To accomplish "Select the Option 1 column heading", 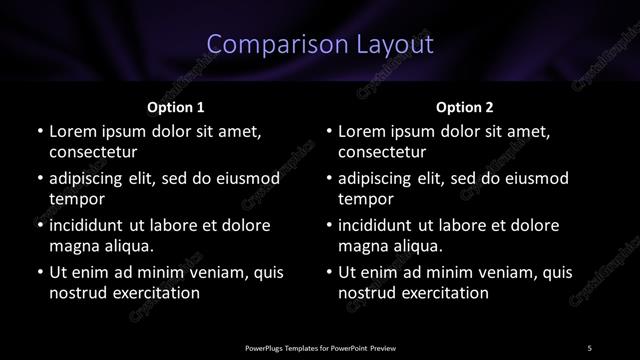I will (x=176, y=106).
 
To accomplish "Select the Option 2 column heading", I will (x=465, y=106).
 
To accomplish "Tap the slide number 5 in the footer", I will (x=589, y=347).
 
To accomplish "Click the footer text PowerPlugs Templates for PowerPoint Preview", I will (x=320, y=347).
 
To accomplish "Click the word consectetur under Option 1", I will (x=93, y=153).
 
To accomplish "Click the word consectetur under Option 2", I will (x=382, y=153).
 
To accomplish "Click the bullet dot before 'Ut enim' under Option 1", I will (x=38, y=272).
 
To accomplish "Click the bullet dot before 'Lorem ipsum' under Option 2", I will (x=328, y=131).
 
